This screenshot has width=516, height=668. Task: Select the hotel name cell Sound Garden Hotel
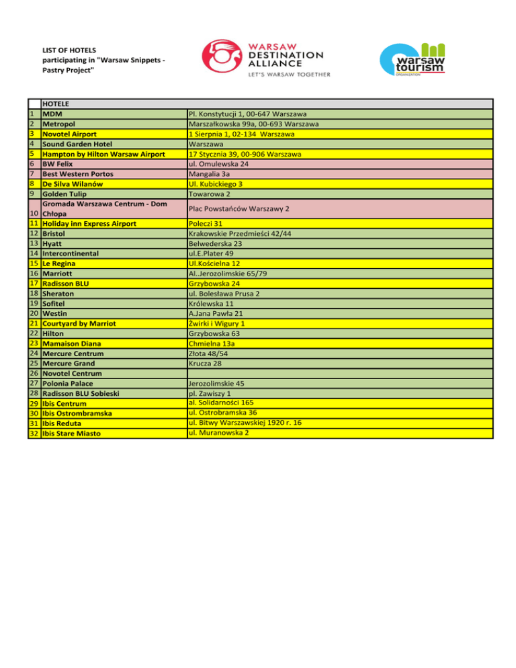pyautogui.click(x=77, y=144)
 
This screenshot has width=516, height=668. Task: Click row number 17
pyautogui.click(x=33, y=284)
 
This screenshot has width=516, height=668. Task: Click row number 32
pyautogui.click(x=33, y=433)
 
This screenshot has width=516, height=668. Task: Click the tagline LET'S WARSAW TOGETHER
pyautogui.click(x=288, y=74)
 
